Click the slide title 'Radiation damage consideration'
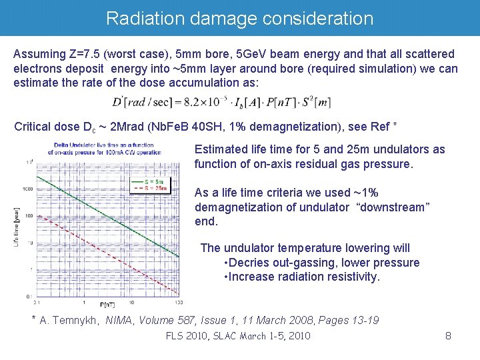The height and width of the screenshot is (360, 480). coord(239,18)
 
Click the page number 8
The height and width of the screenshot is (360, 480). coord(449,336)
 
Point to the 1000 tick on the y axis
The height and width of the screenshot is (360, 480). coord(27,189)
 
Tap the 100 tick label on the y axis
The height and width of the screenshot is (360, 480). coord(29,216)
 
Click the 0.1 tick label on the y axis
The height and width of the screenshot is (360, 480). coord(29,295)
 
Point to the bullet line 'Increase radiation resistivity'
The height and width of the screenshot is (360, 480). coord(303,277)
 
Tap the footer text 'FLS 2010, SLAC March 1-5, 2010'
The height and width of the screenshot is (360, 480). coord(238,336)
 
